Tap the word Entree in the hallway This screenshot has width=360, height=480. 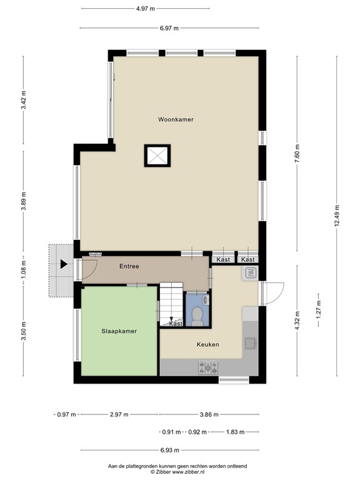tap(129, 266)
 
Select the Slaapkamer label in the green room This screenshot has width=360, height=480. tap(119, 331)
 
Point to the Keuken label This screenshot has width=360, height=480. tap(207, 344)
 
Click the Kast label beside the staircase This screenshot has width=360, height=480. tap(176, 324)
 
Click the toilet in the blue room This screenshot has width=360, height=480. tap(197, 315)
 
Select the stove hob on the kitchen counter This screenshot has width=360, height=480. tap(207, 367)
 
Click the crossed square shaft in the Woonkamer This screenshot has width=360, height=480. tap(156, 155)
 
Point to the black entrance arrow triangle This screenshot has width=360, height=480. tap(64, 264)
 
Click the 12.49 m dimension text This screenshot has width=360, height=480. tap(337, 217)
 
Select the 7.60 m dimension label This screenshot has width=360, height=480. tap(297, 154)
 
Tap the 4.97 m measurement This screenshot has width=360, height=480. tap(146, 9)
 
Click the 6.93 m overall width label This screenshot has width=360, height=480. tap(169, 450)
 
